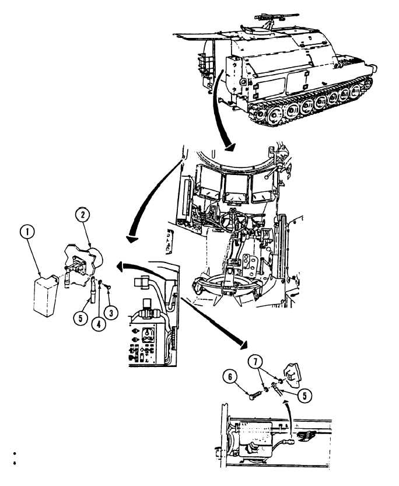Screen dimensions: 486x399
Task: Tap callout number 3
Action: tap(113, 312)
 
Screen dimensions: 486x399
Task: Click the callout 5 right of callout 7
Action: tap(304, 395)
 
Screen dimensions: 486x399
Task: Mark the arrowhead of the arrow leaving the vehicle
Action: tap(230, 148)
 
